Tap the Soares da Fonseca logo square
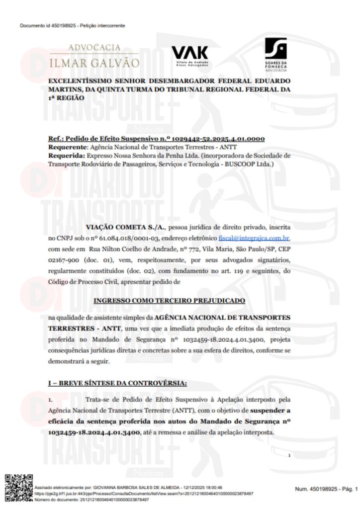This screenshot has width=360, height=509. [x=276, y=48]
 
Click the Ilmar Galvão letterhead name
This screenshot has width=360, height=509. [x=94, y=64]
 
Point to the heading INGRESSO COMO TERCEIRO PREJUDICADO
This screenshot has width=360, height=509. [x=169, y=301]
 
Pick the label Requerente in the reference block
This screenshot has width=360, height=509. [x=67, y=147]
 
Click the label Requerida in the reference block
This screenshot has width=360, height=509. [x=66, y=155]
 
